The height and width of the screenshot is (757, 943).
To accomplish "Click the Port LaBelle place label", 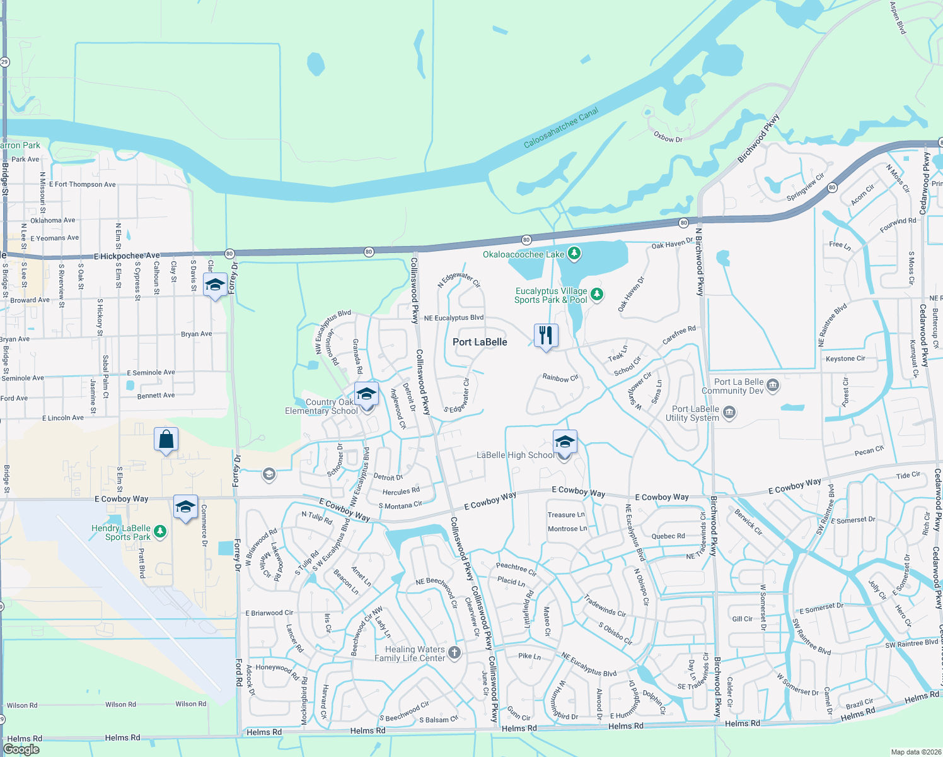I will click(480, 342).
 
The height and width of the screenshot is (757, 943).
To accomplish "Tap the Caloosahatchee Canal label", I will click(561, 128).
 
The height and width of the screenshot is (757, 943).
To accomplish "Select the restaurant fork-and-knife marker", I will click(546, 336).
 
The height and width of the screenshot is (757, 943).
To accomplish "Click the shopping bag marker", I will click(166, 439).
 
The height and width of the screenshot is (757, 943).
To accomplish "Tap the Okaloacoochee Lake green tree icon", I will click(574, 254).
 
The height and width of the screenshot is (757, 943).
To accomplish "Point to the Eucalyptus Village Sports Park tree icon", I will click(596, 295).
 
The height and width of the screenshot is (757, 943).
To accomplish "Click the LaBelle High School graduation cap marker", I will click(564, 442).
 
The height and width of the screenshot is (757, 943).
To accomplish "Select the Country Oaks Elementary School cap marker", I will click(366, 394).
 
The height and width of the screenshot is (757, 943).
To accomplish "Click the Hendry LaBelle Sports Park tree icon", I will click(160, 532).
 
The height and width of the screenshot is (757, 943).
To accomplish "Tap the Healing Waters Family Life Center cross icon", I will click(454, 653).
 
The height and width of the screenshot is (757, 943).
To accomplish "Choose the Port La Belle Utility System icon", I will click(729, 413).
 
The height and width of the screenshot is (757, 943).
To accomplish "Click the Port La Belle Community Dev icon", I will click(773, 385).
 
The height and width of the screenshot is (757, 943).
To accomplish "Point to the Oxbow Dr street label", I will click(668, 137).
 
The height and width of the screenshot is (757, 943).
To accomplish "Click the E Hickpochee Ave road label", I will click(127, 255).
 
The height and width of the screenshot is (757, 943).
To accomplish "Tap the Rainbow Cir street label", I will click(560, 378).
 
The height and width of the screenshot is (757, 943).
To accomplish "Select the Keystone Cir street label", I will click(845, 358).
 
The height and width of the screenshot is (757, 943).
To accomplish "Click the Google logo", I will click(21, 749).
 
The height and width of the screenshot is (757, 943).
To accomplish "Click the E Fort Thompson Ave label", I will click(83, 184).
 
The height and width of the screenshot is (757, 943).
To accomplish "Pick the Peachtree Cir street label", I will click(516, 569).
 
